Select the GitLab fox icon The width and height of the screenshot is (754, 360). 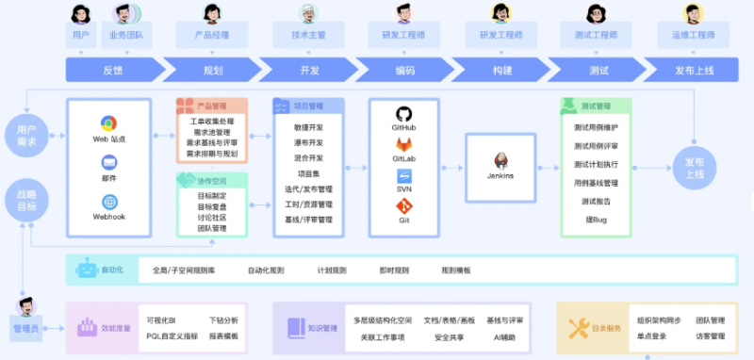pos(403,143)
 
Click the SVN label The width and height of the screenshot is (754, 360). pos(403,189)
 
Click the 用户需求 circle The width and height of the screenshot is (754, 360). pos(26,134)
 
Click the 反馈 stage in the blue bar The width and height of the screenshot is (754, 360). pos(112,70)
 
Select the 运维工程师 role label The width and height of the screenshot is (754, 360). pos(693,35)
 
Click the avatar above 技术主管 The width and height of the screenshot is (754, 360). pos(308,13)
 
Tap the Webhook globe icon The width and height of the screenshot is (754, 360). pos(109,202)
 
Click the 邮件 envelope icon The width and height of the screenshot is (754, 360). pos(109,162)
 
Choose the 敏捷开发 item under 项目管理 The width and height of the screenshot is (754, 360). pos(308,126)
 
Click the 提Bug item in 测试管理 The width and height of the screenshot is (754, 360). pos(595,219)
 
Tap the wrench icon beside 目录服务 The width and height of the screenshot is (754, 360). pos(579,328)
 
